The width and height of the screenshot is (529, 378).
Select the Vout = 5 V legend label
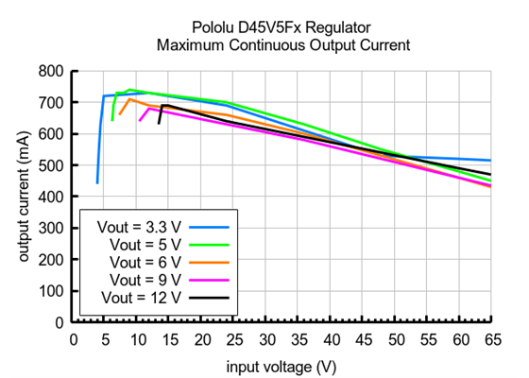tap(146, 245)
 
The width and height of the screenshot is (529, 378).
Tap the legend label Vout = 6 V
tap(146, 262)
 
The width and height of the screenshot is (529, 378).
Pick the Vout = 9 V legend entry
tap(146, 279)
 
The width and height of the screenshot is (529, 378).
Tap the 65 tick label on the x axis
tap(490, 337)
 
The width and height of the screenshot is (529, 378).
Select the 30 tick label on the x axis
tap(265, 337)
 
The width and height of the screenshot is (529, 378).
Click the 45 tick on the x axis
tap(362, 337)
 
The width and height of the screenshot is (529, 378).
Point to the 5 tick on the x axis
tap(105, 337)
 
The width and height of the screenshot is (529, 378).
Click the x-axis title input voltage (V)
tap(281, 364)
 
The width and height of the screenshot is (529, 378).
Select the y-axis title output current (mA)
tap(22, 196)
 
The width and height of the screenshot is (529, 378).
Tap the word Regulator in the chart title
tap(338, 27)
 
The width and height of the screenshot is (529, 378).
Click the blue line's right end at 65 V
tap(490, 161)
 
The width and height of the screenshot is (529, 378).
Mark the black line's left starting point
tap(159, 123)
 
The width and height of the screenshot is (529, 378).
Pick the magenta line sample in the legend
tap(212, 279)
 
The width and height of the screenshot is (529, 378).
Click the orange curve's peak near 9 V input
tap(130, 99)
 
